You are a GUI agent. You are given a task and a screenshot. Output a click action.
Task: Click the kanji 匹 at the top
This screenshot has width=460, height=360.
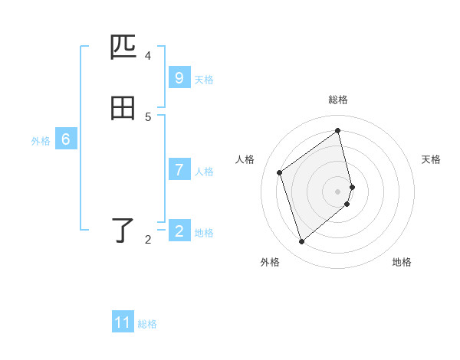[123, 47]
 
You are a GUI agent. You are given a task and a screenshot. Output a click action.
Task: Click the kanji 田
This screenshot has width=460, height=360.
[123, 109]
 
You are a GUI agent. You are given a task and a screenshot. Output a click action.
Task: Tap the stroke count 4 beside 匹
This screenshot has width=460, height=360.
[148, 56]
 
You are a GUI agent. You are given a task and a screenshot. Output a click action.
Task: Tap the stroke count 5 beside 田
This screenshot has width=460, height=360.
[148, 117]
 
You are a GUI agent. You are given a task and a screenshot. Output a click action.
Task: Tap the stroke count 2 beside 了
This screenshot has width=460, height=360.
[148, 240]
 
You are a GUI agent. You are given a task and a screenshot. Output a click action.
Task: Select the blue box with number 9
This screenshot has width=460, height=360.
[179, 78]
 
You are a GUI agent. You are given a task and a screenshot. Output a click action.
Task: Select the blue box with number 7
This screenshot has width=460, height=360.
[179, 170]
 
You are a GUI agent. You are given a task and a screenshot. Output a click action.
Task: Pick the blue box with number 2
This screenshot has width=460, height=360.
[179, 231]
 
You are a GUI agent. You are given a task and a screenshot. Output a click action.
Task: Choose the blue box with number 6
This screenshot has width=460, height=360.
[66, 139]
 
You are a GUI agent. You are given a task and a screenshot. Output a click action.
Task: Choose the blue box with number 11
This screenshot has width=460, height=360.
[123, 322]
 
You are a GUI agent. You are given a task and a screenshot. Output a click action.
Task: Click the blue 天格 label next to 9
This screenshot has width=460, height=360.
[204, 79]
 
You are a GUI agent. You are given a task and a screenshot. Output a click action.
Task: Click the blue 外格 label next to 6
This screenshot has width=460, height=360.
[41, 141]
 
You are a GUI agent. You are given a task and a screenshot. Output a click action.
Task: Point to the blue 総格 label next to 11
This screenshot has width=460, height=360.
[147, 324]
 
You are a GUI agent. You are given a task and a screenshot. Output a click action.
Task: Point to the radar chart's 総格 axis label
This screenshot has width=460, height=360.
[338, 100]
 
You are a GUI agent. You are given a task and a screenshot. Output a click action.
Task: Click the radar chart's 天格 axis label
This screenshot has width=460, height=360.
[432, 159]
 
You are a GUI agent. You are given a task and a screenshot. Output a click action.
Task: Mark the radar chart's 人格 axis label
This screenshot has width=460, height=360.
[245, 159]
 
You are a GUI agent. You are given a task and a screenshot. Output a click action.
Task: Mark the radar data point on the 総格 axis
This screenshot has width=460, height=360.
[338, 130]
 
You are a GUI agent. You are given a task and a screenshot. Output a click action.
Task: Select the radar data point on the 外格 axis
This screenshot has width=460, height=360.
[301, 242]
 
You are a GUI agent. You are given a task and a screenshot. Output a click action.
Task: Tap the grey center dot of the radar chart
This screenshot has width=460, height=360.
[338, 191]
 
